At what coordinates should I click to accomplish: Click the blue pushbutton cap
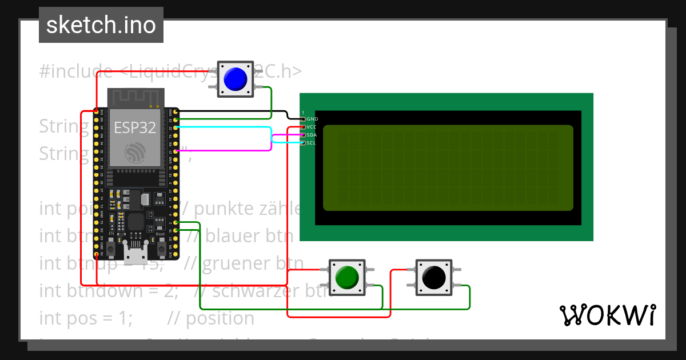click(x=235, y=79)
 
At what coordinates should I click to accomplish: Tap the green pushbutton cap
click(x=346, y=278)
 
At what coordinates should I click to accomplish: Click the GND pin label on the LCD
click(x=312, y=119)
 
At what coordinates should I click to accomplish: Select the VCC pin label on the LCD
click(x=312, y=127)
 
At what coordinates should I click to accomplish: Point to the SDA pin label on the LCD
click(x=312, y=135)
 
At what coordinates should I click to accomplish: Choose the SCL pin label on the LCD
click(x=312, y=143)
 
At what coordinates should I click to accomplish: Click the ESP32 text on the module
click(x=135, y=127)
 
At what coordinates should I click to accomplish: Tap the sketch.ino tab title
click(x=101, y=25)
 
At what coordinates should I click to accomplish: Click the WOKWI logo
click(x=608, y=315)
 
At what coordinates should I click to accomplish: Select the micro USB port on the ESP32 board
click(x=135, y=250)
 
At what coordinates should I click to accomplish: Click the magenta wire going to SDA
click(x=229, y=151)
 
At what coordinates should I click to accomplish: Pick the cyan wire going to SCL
click(x=229, y=126)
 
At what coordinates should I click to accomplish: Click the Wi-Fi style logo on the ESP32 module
click(x=135, y=151)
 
